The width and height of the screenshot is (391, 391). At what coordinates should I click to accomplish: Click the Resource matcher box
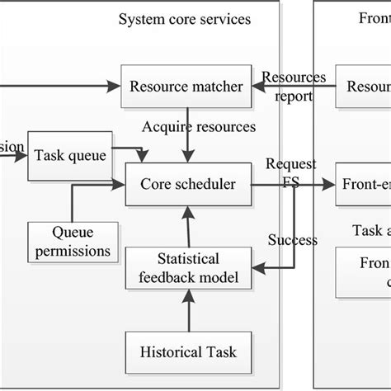(187, 86)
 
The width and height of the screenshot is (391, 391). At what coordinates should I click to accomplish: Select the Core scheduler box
(187, 186)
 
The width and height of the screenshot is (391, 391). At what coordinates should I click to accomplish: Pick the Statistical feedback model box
(187, 268)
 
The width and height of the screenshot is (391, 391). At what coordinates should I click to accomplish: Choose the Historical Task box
(187, 352)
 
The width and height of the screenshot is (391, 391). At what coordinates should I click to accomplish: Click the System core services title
(184, 18)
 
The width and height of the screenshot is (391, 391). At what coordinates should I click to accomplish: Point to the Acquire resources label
(199, 127)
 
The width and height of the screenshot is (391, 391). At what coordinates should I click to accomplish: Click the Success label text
(292, 240)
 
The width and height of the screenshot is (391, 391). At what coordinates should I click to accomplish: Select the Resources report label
(294, 87)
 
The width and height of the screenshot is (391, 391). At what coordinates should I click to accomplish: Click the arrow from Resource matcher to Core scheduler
(188, 140)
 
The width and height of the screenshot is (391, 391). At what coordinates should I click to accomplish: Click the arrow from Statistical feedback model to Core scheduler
(188, 227)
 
